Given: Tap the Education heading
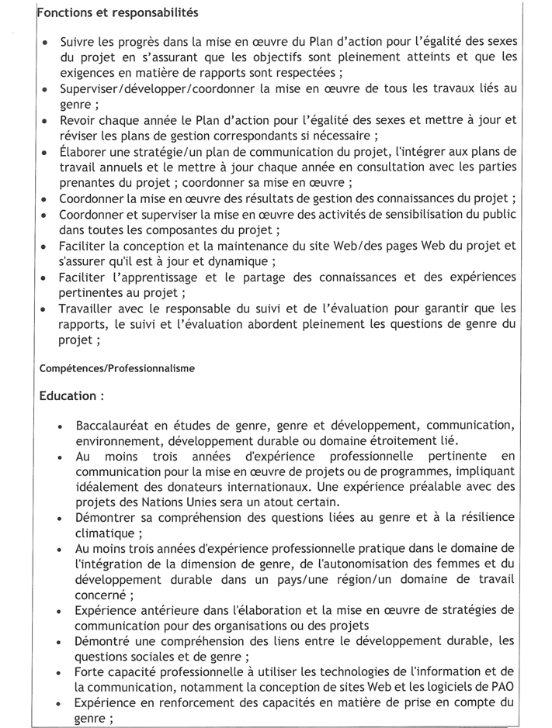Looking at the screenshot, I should click(71, 396).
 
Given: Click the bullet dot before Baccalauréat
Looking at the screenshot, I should click(61, 427).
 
